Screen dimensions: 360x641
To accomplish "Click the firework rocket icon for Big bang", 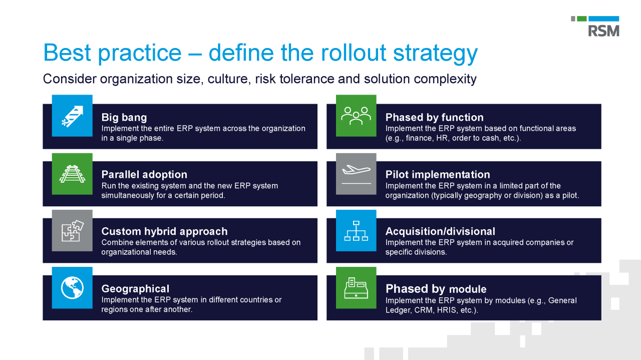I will coord(72,116).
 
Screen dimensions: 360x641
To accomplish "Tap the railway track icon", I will coord(72,173).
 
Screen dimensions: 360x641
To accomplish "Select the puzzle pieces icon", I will coord(72,230).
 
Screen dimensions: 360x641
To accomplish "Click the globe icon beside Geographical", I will coord(72,287).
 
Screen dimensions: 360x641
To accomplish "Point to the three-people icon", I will coord(356,116).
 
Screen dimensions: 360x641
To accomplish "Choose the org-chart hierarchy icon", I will coord(356,230).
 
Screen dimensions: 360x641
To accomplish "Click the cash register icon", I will coord(356,287).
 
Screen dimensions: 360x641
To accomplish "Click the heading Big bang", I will coord(124,118).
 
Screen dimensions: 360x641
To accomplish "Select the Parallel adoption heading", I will coord(144,175).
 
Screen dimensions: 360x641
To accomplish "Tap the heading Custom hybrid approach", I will coord(164,232).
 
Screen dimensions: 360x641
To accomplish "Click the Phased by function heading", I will coord(434,118).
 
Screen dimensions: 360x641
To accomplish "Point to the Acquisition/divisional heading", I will coord(440,232).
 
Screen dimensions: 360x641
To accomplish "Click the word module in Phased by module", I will coord(468,289).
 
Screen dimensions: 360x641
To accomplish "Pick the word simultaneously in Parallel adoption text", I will coord(127,195).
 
